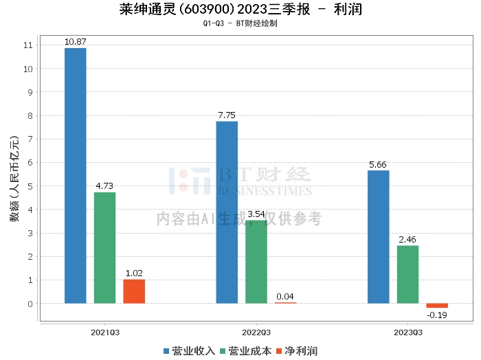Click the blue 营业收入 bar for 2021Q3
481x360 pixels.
point(76,175)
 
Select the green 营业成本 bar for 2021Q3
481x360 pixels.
point(104,247)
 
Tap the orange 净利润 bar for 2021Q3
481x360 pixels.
point(134,291)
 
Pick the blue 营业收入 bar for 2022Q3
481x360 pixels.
point(227,212)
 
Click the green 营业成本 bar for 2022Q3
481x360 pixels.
point(256,262)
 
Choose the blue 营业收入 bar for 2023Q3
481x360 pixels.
point(378,236)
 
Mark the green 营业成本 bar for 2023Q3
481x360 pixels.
point(407,274)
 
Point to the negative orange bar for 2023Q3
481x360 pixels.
point(437,306)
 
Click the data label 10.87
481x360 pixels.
point(76,42)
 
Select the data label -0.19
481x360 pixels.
point(437,315)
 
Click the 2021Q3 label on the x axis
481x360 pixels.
point(105,332)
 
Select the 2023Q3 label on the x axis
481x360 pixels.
point(408,332)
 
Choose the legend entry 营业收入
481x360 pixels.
point(190,351)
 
